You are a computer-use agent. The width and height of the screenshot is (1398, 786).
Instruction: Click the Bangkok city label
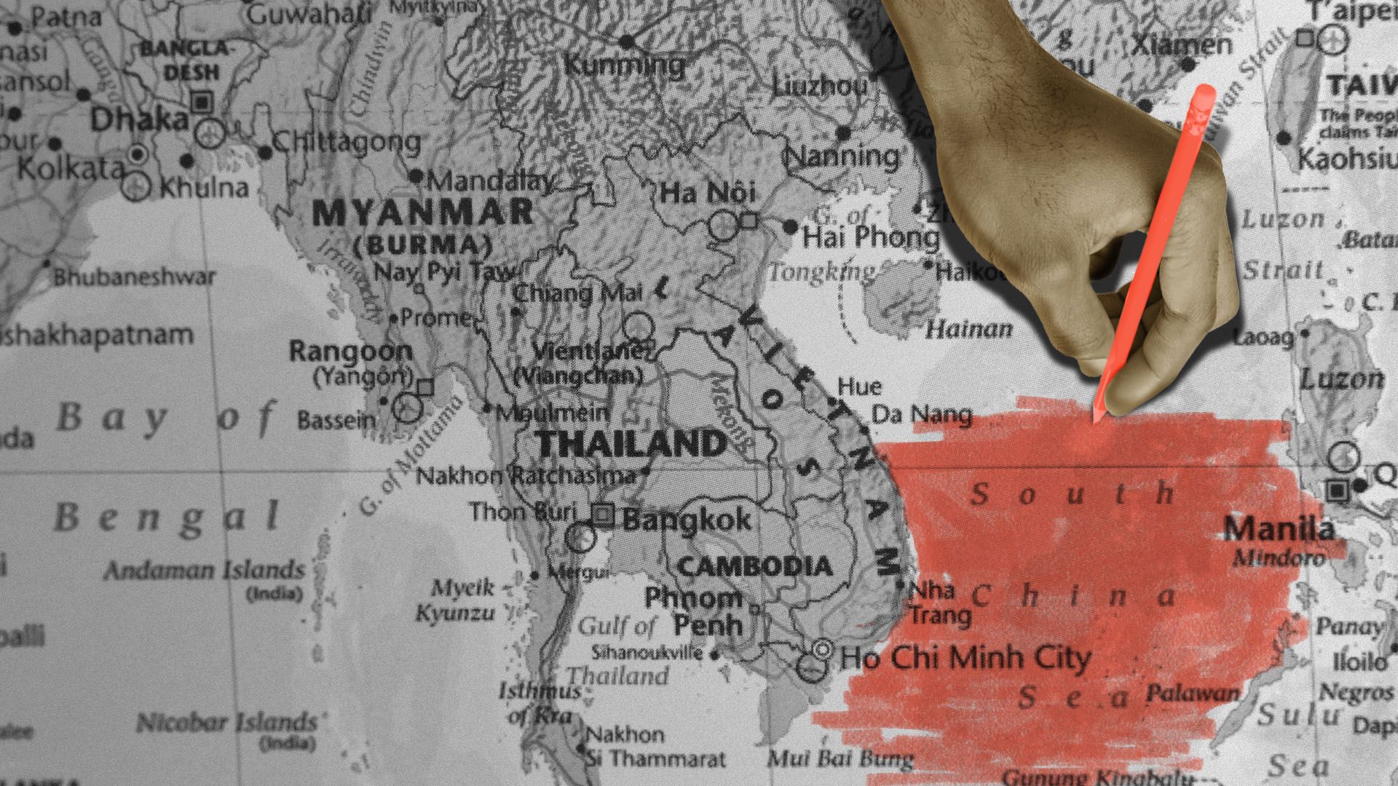[x=687, y=520]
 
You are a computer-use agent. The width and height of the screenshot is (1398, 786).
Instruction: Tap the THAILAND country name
[x=631, y=443]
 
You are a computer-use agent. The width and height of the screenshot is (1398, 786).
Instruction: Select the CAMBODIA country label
[x=755, y=566]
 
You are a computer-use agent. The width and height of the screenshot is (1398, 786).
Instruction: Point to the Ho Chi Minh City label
[x=965, y=658]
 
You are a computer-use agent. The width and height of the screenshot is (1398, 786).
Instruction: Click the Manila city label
[x=1279, y=528]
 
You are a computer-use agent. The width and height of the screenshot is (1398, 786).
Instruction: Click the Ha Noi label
[x=708, y=193]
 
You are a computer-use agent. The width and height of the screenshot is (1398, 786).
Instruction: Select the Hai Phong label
[x=871, y=237]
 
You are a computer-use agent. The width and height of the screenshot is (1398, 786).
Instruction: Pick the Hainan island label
[x=968, y=330]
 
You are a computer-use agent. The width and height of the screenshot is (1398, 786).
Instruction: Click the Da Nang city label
[x=922, y=415]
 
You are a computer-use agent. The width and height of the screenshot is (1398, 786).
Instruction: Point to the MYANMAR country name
[x=423, y=213]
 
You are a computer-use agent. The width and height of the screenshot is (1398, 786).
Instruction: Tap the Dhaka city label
[x=139, y=119]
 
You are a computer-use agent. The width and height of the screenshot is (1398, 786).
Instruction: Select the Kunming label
[x=624, y=65]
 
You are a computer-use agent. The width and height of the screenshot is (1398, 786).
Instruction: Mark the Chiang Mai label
[x=577, y=293]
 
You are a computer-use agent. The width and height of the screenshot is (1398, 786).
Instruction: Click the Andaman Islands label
[x=204, y=570]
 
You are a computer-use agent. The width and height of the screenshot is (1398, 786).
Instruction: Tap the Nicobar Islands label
[x=226, y=723]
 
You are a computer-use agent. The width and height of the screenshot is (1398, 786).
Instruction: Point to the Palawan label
[x=1193, y=693]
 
